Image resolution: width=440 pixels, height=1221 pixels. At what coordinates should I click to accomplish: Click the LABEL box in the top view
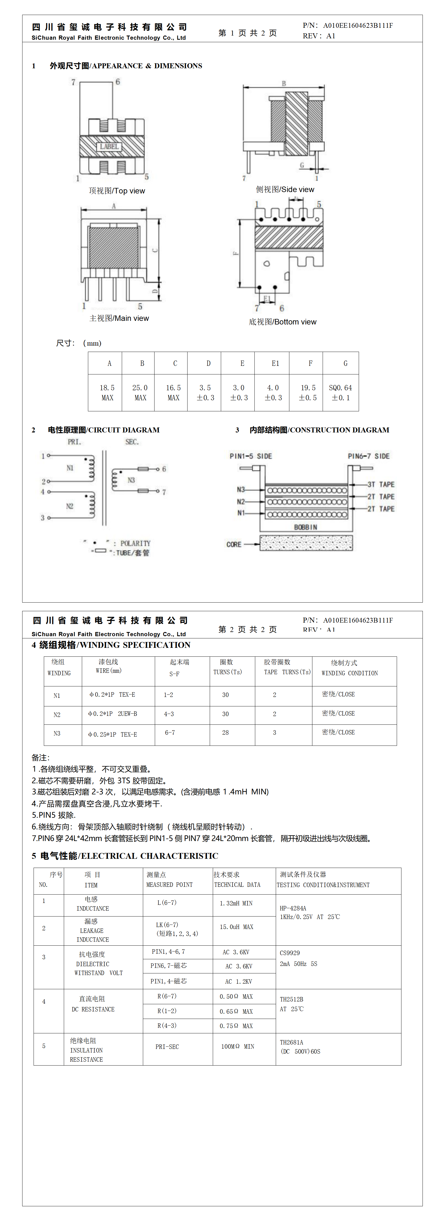pyautogui.click(x=109, y=147)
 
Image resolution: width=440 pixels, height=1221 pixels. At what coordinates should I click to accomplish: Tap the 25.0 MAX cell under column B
pyautogui.click(x=140, y=392)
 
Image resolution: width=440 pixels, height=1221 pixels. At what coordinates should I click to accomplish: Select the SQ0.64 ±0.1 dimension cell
pyautogui.click(x=340, y=392)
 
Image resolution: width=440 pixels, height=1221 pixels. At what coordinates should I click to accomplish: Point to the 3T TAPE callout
pyautogui.click(x=381, y=484)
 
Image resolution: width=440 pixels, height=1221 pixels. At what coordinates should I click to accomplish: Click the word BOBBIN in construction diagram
pyautogui.click(x=305, y=527)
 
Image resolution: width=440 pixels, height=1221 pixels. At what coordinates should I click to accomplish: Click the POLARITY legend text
pyautogui.click(x=135, y=543)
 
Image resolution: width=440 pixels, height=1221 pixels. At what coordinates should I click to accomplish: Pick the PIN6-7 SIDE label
pyautogui.click(x=368, y=456)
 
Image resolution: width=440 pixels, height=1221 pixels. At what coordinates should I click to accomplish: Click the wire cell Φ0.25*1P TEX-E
pyautogui.click(x=113, y=734)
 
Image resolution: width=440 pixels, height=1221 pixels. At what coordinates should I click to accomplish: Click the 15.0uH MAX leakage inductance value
pyautogui.click(x=236, y=927)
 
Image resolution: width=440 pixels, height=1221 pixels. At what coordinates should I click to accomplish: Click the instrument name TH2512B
pyautogui.click(x=291, y=999)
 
